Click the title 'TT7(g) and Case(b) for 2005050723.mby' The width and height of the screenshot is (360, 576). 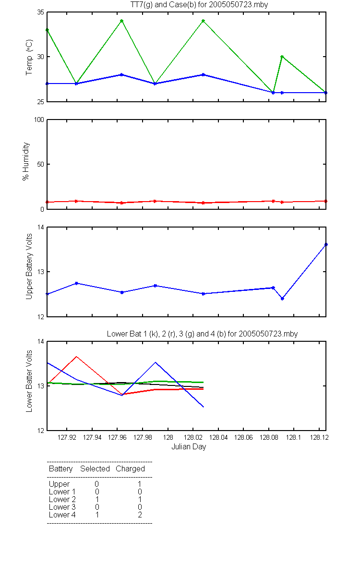[x=199, y=5]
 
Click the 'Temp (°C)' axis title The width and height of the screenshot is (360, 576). [x=29, y=57]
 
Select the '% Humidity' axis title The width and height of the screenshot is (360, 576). [x=26, y=161]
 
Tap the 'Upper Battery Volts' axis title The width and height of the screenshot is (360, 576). [x=29, y=266]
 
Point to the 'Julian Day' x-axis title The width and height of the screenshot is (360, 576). [x=189, y=447]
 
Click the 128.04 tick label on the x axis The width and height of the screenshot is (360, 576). [x=218, y=437]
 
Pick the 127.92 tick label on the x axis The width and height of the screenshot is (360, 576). [x=67, y=437]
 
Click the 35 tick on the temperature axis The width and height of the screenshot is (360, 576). [x=41, y=12]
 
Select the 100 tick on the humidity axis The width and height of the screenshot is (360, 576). [x=39, y=120]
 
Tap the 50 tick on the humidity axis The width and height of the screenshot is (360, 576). [x=41, y=164]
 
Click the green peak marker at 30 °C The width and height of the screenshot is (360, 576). [x=282, y=57]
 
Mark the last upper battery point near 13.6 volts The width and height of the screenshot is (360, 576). [x=326, y=244]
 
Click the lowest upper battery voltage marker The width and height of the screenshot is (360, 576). [x=282, y=299]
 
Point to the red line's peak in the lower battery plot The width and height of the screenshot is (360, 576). [x=76, y=356]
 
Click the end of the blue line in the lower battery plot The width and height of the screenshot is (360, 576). [x=204, y=407]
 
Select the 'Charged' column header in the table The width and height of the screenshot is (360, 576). [x=131, y=469]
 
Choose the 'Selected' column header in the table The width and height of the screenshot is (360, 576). [x=95, y=468]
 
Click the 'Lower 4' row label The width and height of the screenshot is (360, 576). [x=62, y=515]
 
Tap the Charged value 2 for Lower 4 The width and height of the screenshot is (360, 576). [x=140, y=515]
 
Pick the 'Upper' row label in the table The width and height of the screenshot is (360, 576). [x=60, y=484]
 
